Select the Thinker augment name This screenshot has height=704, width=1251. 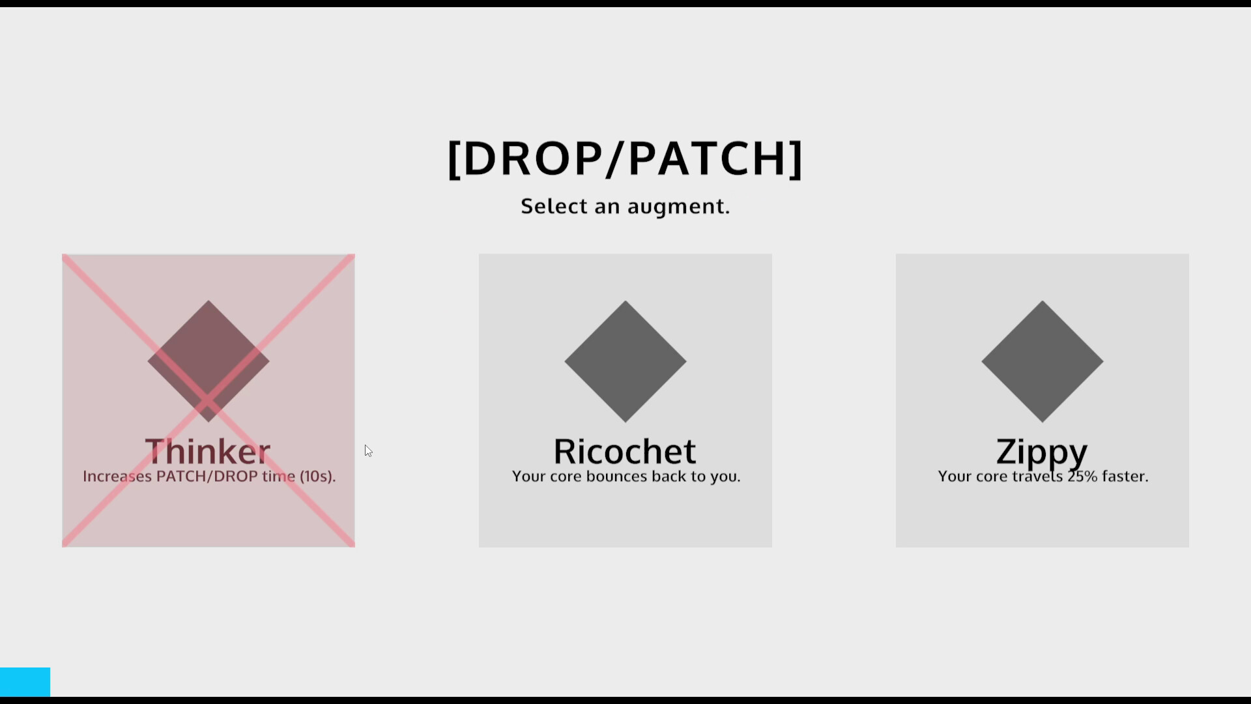[x=208, y=451]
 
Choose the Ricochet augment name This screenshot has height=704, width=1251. [x=625, y=451]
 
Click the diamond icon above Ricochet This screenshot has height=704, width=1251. [x=625, y=361]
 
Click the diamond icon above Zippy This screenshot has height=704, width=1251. [x=1042, y=361]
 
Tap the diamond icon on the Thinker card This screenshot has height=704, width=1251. [x=208, y=361]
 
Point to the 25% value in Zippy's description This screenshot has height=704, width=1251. [x=1082, y=477]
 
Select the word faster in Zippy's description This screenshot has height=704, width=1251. [x=1125, y=477]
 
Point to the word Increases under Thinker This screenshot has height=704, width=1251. [x=117, y=477]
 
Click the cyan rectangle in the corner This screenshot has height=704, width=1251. [x=25, y=682]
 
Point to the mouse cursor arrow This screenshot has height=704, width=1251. [x=368, y=450]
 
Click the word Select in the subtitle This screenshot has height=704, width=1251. [x=554, y=207]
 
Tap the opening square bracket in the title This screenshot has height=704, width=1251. [x=454, y=160]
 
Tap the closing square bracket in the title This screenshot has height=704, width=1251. [x=796, y=160]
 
